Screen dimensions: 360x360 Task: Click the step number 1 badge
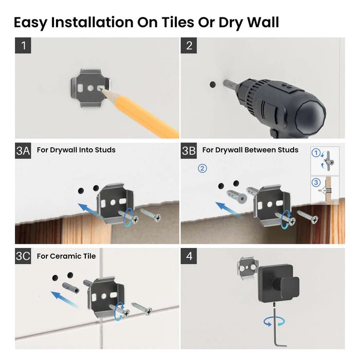(23, 45)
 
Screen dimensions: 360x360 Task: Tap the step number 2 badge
(189, 45)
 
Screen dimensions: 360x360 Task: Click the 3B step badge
(189, 150)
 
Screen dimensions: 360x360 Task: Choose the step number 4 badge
(189, 256)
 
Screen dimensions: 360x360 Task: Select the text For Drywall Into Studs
(76, 150)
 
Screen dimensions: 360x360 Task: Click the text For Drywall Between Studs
(250, 150)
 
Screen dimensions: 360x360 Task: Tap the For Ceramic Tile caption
(66, 256)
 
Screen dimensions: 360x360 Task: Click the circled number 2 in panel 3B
(202, 168)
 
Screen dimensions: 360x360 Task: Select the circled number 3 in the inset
(316, 182)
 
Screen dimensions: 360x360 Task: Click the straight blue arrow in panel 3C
(64, 297)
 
